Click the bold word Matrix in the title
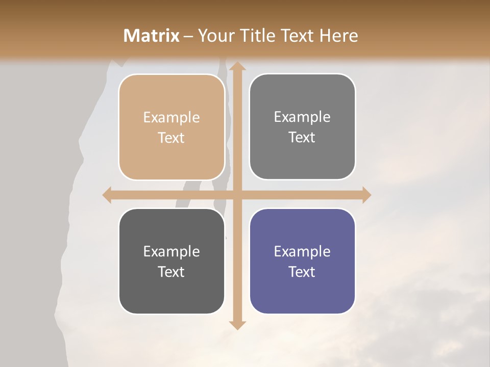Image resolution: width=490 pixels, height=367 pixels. tap(152, 36)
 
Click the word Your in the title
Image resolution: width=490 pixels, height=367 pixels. tap(213, 36)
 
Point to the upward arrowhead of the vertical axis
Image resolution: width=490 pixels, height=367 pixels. tap(236, 66)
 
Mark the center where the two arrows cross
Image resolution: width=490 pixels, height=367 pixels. tap(236, 195)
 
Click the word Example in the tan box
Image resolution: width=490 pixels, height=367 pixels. tap(171, 117)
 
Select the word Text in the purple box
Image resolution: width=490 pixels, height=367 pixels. tap(302, 271)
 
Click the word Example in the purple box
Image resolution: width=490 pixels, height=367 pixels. tap(302, 251)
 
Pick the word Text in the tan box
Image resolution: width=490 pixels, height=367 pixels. tap(171, 138)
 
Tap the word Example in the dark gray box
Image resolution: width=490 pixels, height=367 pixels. tap(171, 251)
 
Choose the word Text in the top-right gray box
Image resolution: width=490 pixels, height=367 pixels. tap(302, 137)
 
